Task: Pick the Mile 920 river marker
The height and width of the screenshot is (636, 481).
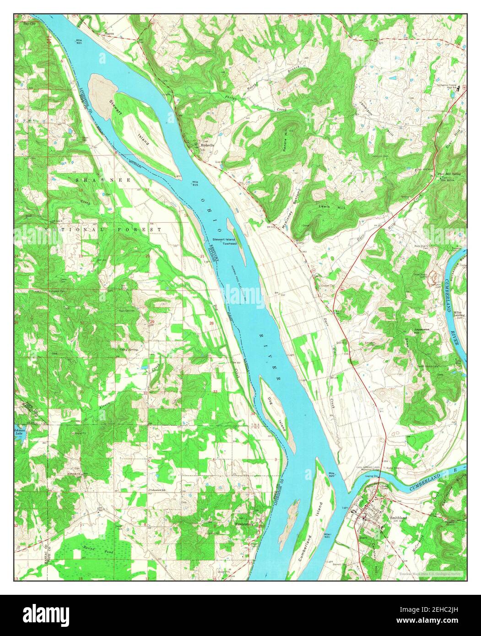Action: click(x=332, y=474)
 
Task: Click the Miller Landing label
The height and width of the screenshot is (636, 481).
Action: click(x=459, y=313)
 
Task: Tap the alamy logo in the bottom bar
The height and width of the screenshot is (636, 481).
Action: click(x=46, y=613)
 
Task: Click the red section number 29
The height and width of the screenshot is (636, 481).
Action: click(x=152, y=323)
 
